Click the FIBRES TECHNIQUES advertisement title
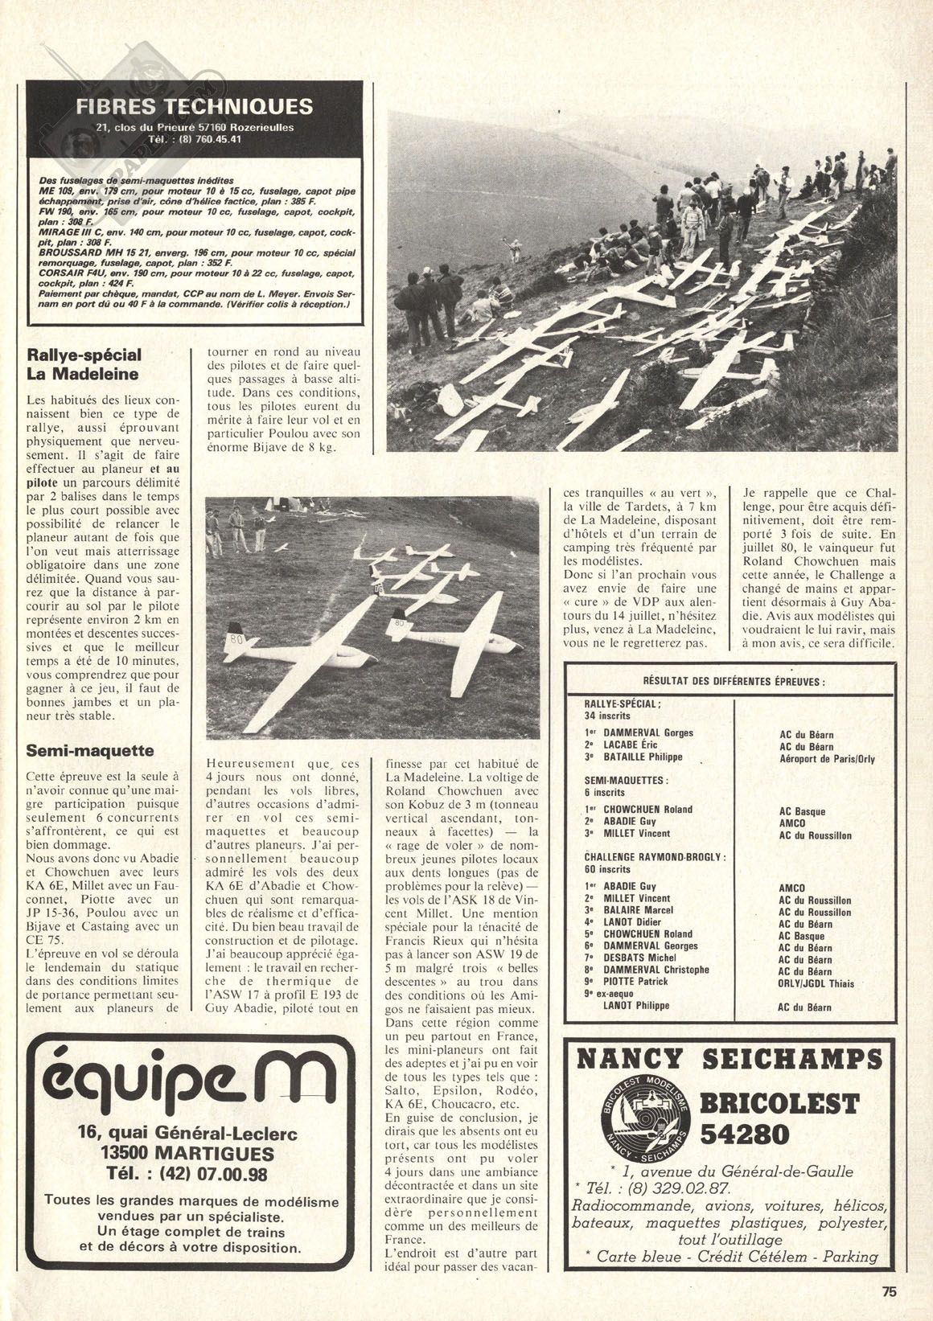tap(194, 106)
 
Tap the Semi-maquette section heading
tap(79, 751)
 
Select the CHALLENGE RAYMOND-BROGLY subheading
tap(655, 857)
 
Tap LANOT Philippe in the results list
tap(639, 1005)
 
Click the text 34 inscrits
tap(608, 715)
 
